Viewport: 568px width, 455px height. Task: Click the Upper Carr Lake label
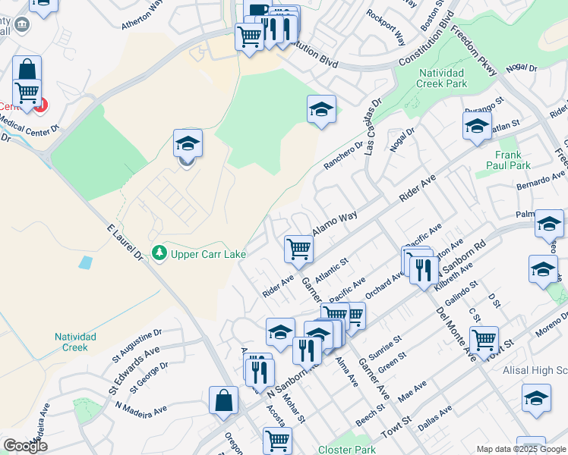pos(207,254)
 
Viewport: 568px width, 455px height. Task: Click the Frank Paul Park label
pos(508,160)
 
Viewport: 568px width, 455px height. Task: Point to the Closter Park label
pos(347,450)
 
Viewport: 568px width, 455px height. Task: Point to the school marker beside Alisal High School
pos(536,398)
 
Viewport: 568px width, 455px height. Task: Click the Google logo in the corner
pos(25,446)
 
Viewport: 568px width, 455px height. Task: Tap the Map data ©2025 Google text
pos(520,449)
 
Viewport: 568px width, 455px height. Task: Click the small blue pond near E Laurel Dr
pos(85,263)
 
